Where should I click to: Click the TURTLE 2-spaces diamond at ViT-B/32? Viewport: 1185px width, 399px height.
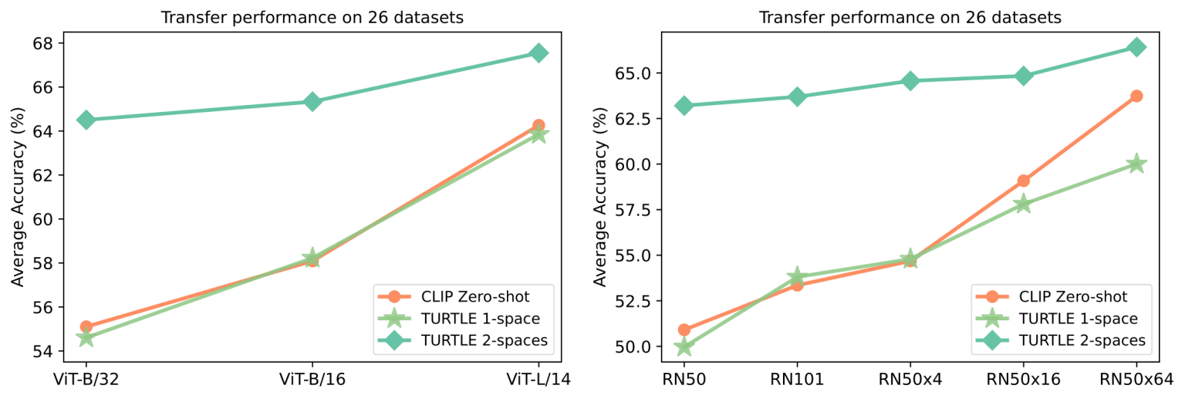click(x=86, y=120)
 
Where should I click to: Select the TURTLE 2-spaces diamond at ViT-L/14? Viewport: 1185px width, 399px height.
click(x=538, y=52)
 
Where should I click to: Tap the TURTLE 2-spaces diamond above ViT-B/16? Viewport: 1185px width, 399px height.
click(x=312, y=101)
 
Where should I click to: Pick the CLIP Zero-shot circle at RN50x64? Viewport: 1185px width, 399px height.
click(x=1136, y=96)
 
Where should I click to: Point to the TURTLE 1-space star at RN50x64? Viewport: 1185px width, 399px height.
click(x=1136, y=164)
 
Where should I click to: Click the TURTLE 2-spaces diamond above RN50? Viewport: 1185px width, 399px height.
click(x=684, y=105)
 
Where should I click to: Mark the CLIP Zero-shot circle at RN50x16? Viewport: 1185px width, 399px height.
click(x=1024, y=181)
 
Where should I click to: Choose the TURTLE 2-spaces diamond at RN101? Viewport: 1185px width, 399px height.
click(x=797, y=96)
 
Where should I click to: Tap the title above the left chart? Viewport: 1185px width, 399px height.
click(x=312, y=18)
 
